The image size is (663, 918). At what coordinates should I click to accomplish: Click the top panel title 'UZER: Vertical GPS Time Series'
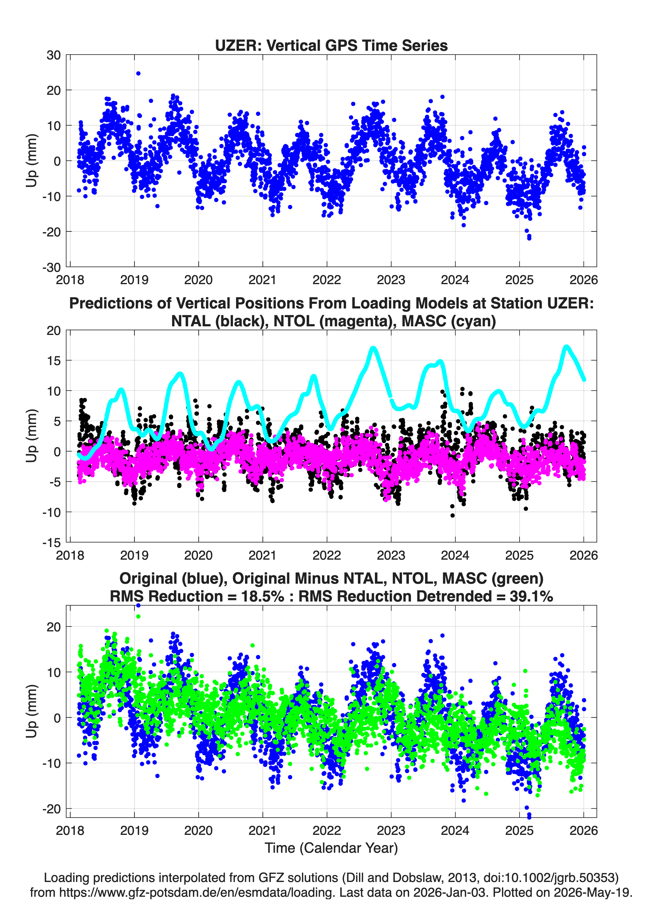(331, 45)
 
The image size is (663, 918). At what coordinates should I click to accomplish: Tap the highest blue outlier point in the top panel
(138, 73)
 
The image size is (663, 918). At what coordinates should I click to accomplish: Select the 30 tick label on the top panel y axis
(54, 55)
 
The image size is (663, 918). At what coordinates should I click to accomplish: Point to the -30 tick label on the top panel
(51, 267)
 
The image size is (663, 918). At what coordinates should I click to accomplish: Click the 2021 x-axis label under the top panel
(262, 280)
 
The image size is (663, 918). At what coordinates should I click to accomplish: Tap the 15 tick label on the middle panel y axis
(54, 360)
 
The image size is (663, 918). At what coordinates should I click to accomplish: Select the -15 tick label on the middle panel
(51, 542)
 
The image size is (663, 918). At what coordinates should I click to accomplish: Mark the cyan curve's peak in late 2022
(373, 348)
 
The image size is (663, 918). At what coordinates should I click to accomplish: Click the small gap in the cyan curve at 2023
(391, 398)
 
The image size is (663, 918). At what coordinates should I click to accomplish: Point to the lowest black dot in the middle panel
(452, 515)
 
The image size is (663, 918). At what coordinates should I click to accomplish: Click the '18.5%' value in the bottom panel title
(263, 596)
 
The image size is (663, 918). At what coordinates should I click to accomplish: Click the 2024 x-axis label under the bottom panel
(455, 830)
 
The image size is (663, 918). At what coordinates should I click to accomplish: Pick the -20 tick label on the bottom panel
(51, 809)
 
